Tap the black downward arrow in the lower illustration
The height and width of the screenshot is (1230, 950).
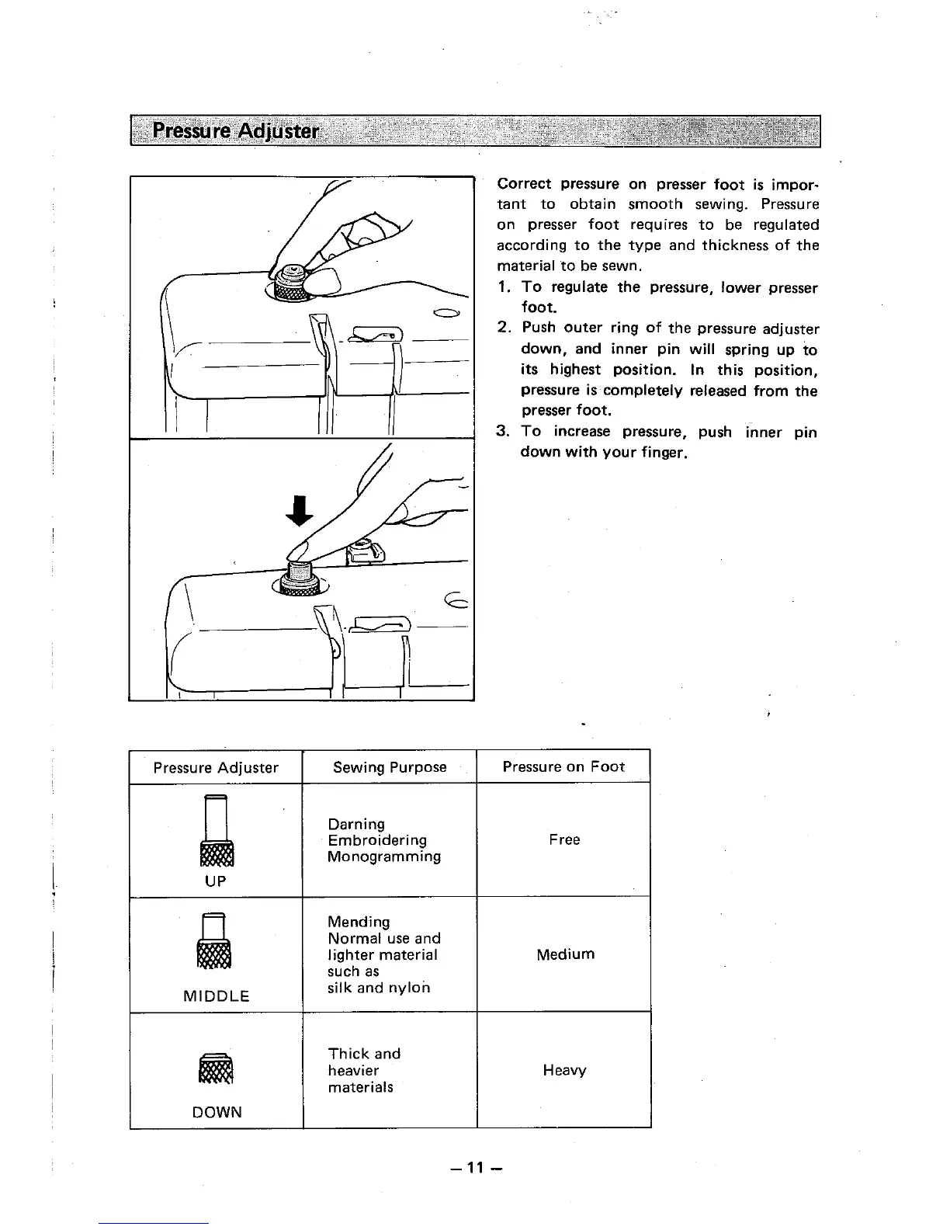point(299,509)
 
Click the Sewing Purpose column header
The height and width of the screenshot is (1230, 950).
point(390,767)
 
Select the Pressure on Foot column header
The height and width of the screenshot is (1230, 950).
point(563,766)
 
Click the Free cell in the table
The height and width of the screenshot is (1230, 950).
point(564,839)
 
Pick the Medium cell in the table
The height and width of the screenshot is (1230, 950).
point(565,954)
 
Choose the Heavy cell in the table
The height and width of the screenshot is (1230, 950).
point(564,1070)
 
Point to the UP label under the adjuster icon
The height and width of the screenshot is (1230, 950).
point(216,881)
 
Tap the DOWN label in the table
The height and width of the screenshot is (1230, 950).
point(217,1112)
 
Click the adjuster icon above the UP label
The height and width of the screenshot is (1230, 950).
point(216,831)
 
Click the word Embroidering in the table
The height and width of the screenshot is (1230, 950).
point(377,840)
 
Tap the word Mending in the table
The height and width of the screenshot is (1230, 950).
point(359,922)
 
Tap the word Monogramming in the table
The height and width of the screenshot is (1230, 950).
point(384,856)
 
